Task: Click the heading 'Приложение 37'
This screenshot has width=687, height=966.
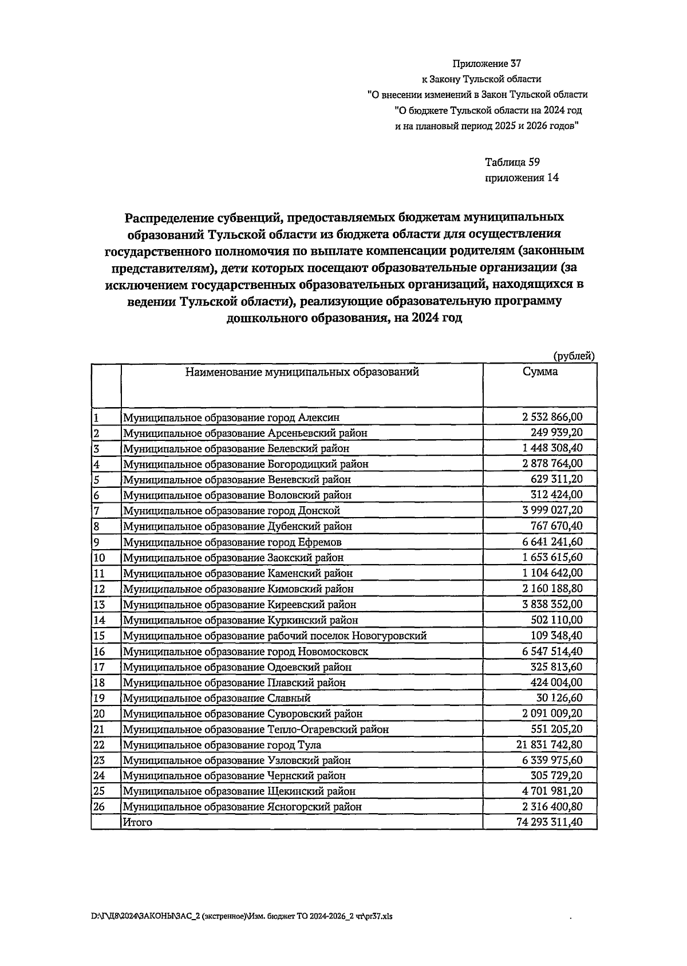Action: [x=487, y=64]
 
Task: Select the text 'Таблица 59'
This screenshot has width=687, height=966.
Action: [x=512, y=162]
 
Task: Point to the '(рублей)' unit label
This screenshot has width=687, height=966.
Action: [x=574, y=356]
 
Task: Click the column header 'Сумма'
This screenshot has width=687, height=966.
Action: [x=540, y=372]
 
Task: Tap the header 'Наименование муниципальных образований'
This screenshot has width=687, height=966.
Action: [x=302, y=372]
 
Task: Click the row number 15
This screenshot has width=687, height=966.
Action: [x=100, y=636]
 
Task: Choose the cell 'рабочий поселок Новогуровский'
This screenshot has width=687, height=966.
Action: [x=275, y=636]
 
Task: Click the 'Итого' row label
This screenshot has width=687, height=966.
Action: [x=138, y=823]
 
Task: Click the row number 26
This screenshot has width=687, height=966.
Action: [x=100, y=807]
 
